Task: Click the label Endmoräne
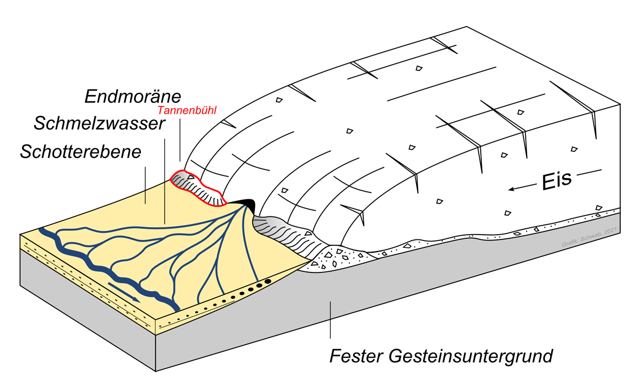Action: [x=133, y=96]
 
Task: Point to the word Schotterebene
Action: [x=81, y=151]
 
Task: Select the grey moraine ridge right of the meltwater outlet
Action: [x=283, y=235]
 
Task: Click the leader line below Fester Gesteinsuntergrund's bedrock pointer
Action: [x=330, y=320]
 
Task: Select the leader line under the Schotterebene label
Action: [x=145, y=184]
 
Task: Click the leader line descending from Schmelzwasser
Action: [x=165, y=176]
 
